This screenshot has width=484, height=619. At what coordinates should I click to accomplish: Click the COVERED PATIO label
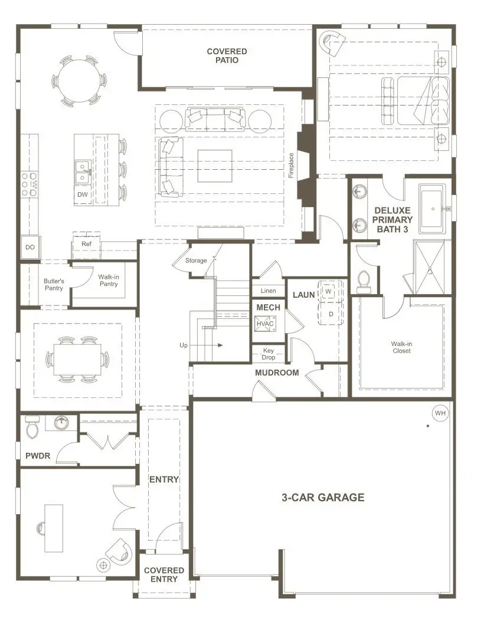tap(227, 56)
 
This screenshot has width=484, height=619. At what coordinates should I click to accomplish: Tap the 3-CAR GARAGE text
tap(322, 497)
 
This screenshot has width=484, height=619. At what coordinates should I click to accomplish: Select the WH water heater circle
tap(440, 413)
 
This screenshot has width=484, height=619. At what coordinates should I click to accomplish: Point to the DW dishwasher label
tap(83, 195)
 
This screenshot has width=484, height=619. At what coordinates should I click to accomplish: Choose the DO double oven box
tap(30, 248)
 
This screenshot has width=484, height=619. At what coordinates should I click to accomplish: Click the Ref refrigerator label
tap(86, 243)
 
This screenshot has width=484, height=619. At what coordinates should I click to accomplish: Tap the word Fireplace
tap(291, 165)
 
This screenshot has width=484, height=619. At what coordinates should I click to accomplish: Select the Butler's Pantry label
tap(54, 285)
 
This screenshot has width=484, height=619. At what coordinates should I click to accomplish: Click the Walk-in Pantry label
tap(107, 280)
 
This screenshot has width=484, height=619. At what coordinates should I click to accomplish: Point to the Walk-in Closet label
tap(401, 347)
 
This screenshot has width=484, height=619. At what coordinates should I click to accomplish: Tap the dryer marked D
tap(331, 314)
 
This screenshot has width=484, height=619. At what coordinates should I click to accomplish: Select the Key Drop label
tap(268, 354)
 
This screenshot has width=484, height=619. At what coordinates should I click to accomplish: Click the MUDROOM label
tap(277, 373)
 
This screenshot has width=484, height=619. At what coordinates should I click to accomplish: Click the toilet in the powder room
tap(32, 428)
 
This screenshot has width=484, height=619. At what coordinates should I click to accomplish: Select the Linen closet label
tap(268, 291)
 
